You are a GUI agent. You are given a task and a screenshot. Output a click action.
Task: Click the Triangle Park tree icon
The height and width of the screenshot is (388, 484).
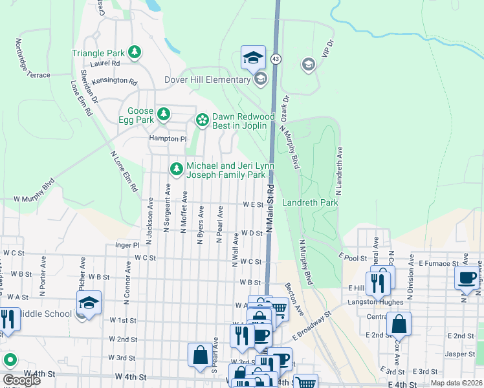(135, 52)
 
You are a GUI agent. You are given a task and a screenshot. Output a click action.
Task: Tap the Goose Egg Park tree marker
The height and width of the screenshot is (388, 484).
(164, 114)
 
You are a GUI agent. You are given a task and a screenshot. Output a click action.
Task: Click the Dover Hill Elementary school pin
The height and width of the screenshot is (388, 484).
(261, 80)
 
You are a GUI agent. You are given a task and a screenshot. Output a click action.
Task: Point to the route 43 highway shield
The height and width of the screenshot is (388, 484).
(276, 59)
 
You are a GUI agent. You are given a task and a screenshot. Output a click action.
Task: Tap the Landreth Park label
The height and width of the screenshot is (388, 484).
(311, 202)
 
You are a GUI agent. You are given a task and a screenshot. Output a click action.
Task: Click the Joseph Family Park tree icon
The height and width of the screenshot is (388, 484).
(175, 169)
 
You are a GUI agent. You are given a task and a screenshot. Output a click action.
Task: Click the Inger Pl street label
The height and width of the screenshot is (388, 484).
(127, 245)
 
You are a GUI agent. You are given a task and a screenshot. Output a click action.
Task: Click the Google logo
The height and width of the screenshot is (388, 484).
(22, 380)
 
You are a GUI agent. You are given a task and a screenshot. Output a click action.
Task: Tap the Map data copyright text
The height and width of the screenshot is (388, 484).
(457, 383)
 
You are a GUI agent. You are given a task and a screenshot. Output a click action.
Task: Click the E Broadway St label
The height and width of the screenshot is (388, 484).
(311, 325)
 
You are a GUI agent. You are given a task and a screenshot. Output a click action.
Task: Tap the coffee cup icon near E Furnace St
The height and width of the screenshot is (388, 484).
(467, 278)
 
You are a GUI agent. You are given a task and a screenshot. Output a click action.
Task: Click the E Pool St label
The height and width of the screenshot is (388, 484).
(353, 257)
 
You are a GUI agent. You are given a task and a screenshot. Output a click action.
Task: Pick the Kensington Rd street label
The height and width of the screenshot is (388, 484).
(115, 81)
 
